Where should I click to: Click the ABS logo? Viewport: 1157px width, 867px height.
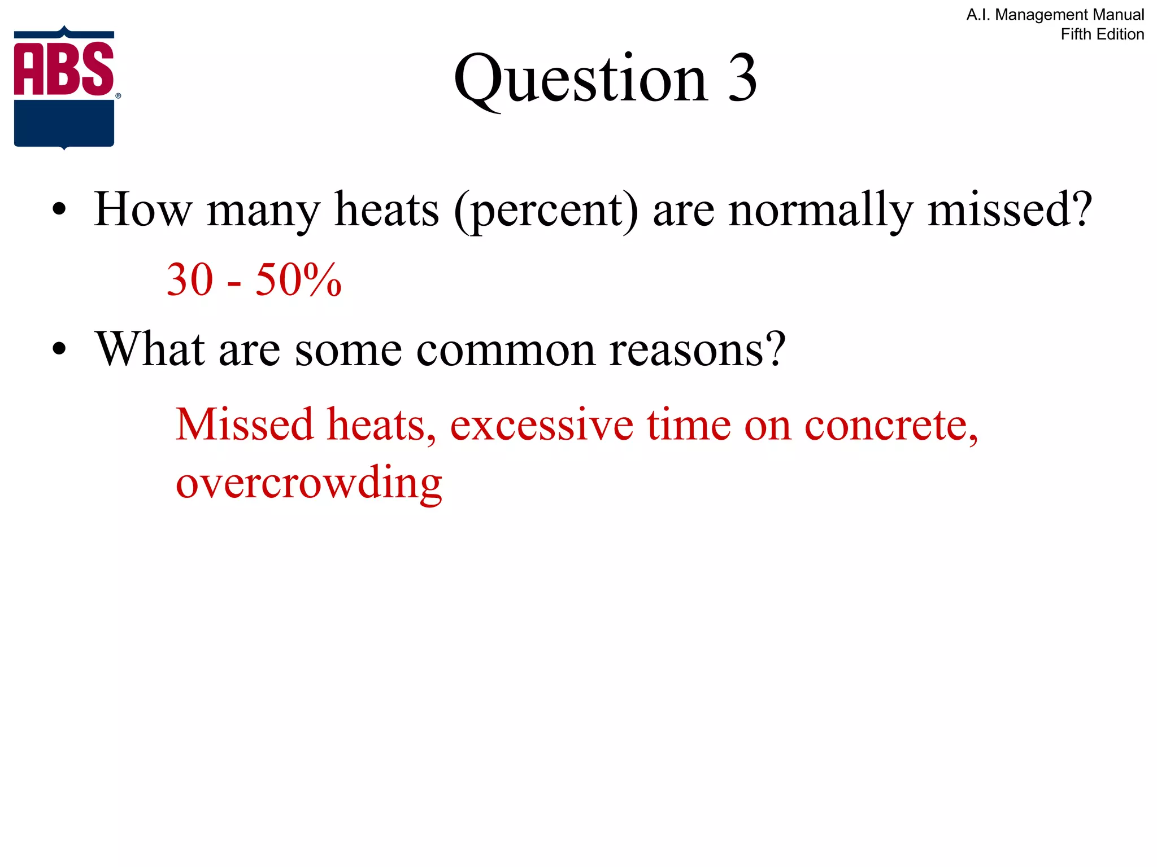point(64,87)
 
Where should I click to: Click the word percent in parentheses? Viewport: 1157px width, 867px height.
point(547,211)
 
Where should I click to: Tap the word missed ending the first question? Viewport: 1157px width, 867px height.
point(1009,209)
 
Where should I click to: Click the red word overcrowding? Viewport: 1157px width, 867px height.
point(309,483)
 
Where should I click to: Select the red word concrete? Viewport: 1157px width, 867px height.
point(890,424)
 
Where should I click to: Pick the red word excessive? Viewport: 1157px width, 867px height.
point(541,424)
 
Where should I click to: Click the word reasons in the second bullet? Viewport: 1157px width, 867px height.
point(697,349)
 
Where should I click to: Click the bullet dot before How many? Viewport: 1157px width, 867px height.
point(59,210)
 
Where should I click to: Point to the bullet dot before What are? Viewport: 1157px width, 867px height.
point(59,349)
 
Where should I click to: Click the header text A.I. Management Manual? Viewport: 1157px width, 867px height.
point(1055,15)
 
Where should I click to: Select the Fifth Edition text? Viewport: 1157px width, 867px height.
point(1102,34)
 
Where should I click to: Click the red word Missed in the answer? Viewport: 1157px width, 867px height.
point(244,424)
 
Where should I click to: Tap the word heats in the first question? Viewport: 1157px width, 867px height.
point(386,209)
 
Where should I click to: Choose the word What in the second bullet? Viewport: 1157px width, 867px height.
point(150,349)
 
